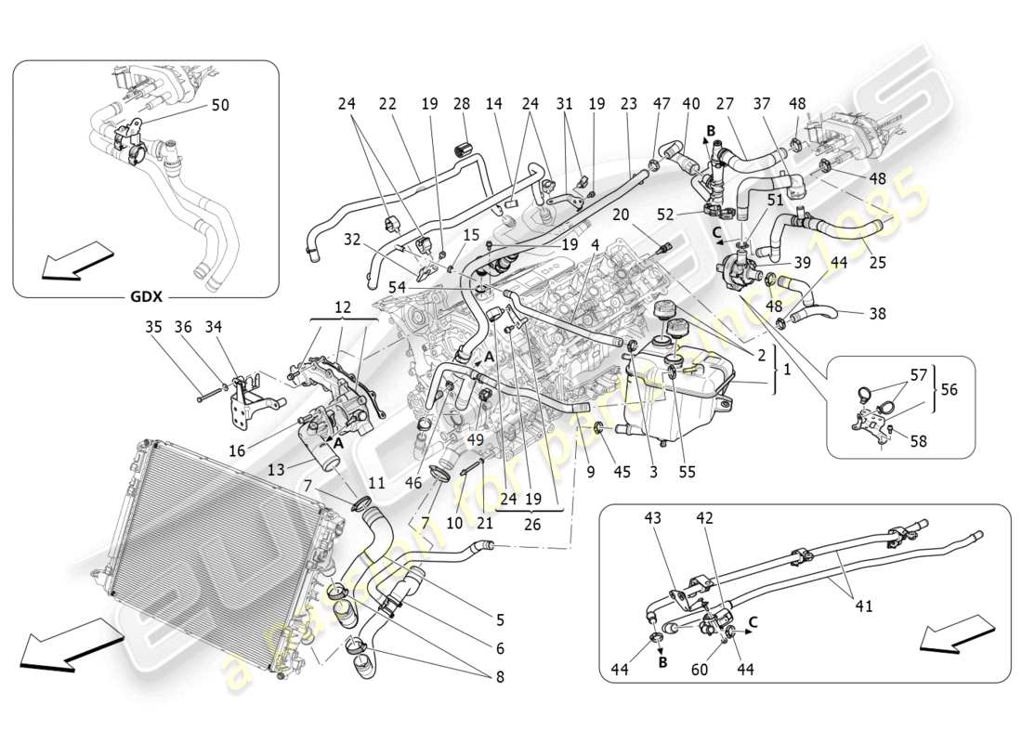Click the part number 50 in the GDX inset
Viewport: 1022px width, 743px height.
point(220,106)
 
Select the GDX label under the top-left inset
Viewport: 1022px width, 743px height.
point(146,298)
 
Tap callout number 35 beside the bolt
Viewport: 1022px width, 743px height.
point(152,327)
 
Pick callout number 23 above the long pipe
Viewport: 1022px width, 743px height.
point(628,104)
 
